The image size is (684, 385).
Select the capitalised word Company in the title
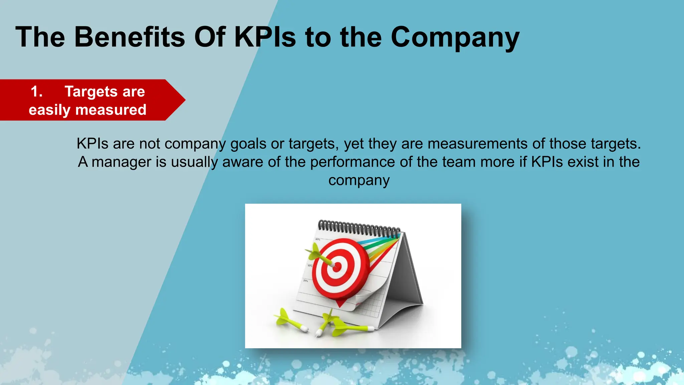click(x=455, y=37)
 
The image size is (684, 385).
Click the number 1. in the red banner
click(x=37, y=92)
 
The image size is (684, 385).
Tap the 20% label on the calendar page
click(x=306, y=281)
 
